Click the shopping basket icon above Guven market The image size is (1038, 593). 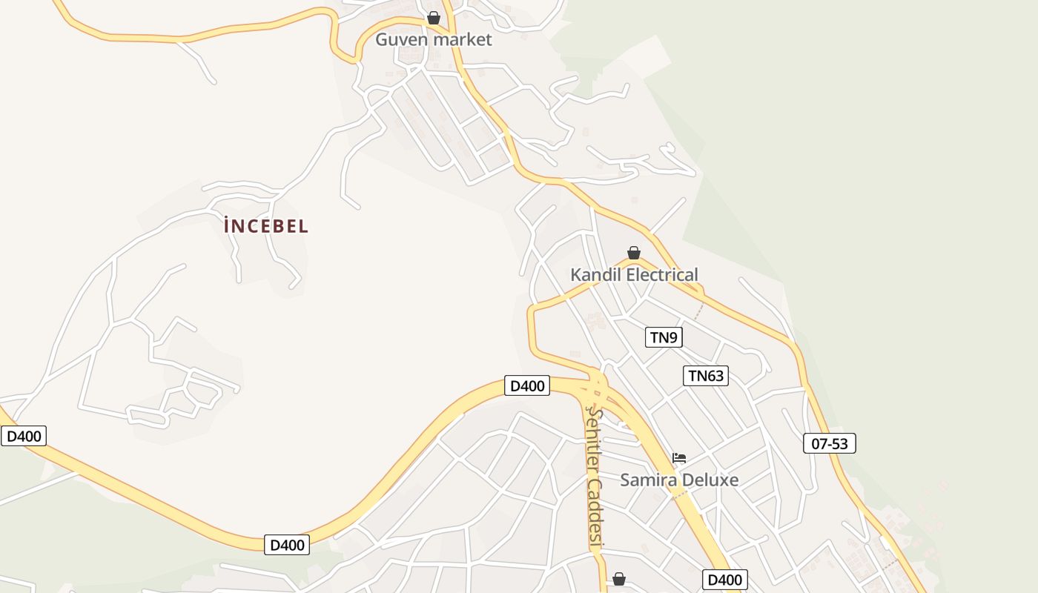click(x=434, y=17)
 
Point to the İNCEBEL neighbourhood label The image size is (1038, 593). click(x=266, y=226)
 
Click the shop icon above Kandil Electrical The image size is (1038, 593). click(x=634, y=253)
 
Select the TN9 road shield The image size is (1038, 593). click(x=664, y=337)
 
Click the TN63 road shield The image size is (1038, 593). click(x=705, y=376)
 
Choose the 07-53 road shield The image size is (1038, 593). click(x=830, y=443)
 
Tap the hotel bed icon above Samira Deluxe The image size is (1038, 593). click(x=679, y=458)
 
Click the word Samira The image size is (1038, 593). click(x=647, y=480)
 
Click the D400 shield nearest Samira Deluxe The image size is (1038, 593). click(x=724, y=580)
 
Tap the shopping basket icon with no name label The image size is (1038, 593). click(x=619, y=579)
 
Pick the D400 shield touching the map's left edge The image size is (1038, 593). click(x=24, y=436)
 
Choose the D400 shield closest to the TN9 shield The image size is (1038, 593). click(x=527, y=385)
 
